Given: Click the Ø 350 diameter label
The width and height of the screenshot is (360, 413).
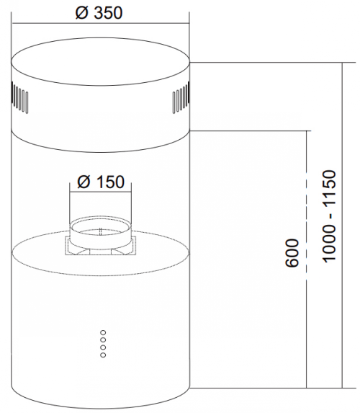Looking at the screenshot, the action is coord(99,13).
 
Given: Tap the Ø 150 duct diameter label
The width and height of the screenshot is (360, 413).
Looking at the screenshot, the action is coord(101,182).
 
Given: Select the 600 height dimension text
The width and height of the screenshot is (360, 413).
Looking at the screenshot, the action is coord(292,253).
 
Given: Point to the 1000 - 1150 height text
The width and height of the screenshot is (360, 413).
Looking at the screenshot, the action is coord(329,216).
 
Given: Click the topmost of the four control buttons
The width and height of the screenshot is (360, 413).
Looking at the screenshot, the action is coord(103,332).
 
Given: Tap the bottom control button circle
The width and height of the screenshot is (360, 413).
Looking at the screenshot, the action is coord(103,355).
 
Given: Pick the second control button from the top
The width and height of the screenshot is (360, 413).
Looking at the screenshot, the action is coord(103,340).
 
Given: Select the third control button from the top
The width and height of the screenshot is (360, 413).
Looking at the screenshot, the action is coord(103,347).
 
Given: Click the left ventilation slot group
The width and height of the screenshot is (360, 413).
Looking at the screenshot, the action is coord(19,97).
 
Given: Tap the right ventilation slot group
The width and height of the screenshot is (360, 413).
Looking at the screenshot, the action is coord(181,97).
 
